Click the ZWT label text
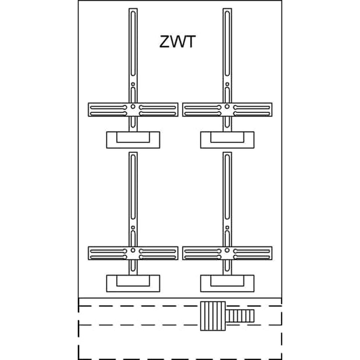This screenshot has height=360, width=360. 177,42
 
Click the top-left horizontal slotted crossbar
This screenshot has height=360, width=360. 108,110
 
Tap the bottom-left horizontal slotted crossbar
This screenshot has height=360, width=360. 108,253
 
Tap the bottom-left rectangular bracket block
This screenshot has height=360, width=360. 133,284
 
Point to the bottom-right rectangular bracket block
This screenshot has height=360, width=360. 227,284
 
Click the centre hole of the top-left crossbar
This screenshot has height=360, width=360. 133,107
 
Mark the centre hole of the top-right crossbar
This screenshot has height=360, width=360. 227,107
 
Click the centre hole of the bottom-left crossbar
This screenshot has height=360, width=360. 133,250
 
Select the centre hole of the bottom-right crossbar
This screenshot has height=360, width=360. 227,250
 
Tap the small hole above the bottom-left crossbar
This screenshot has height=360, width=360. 133,228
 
